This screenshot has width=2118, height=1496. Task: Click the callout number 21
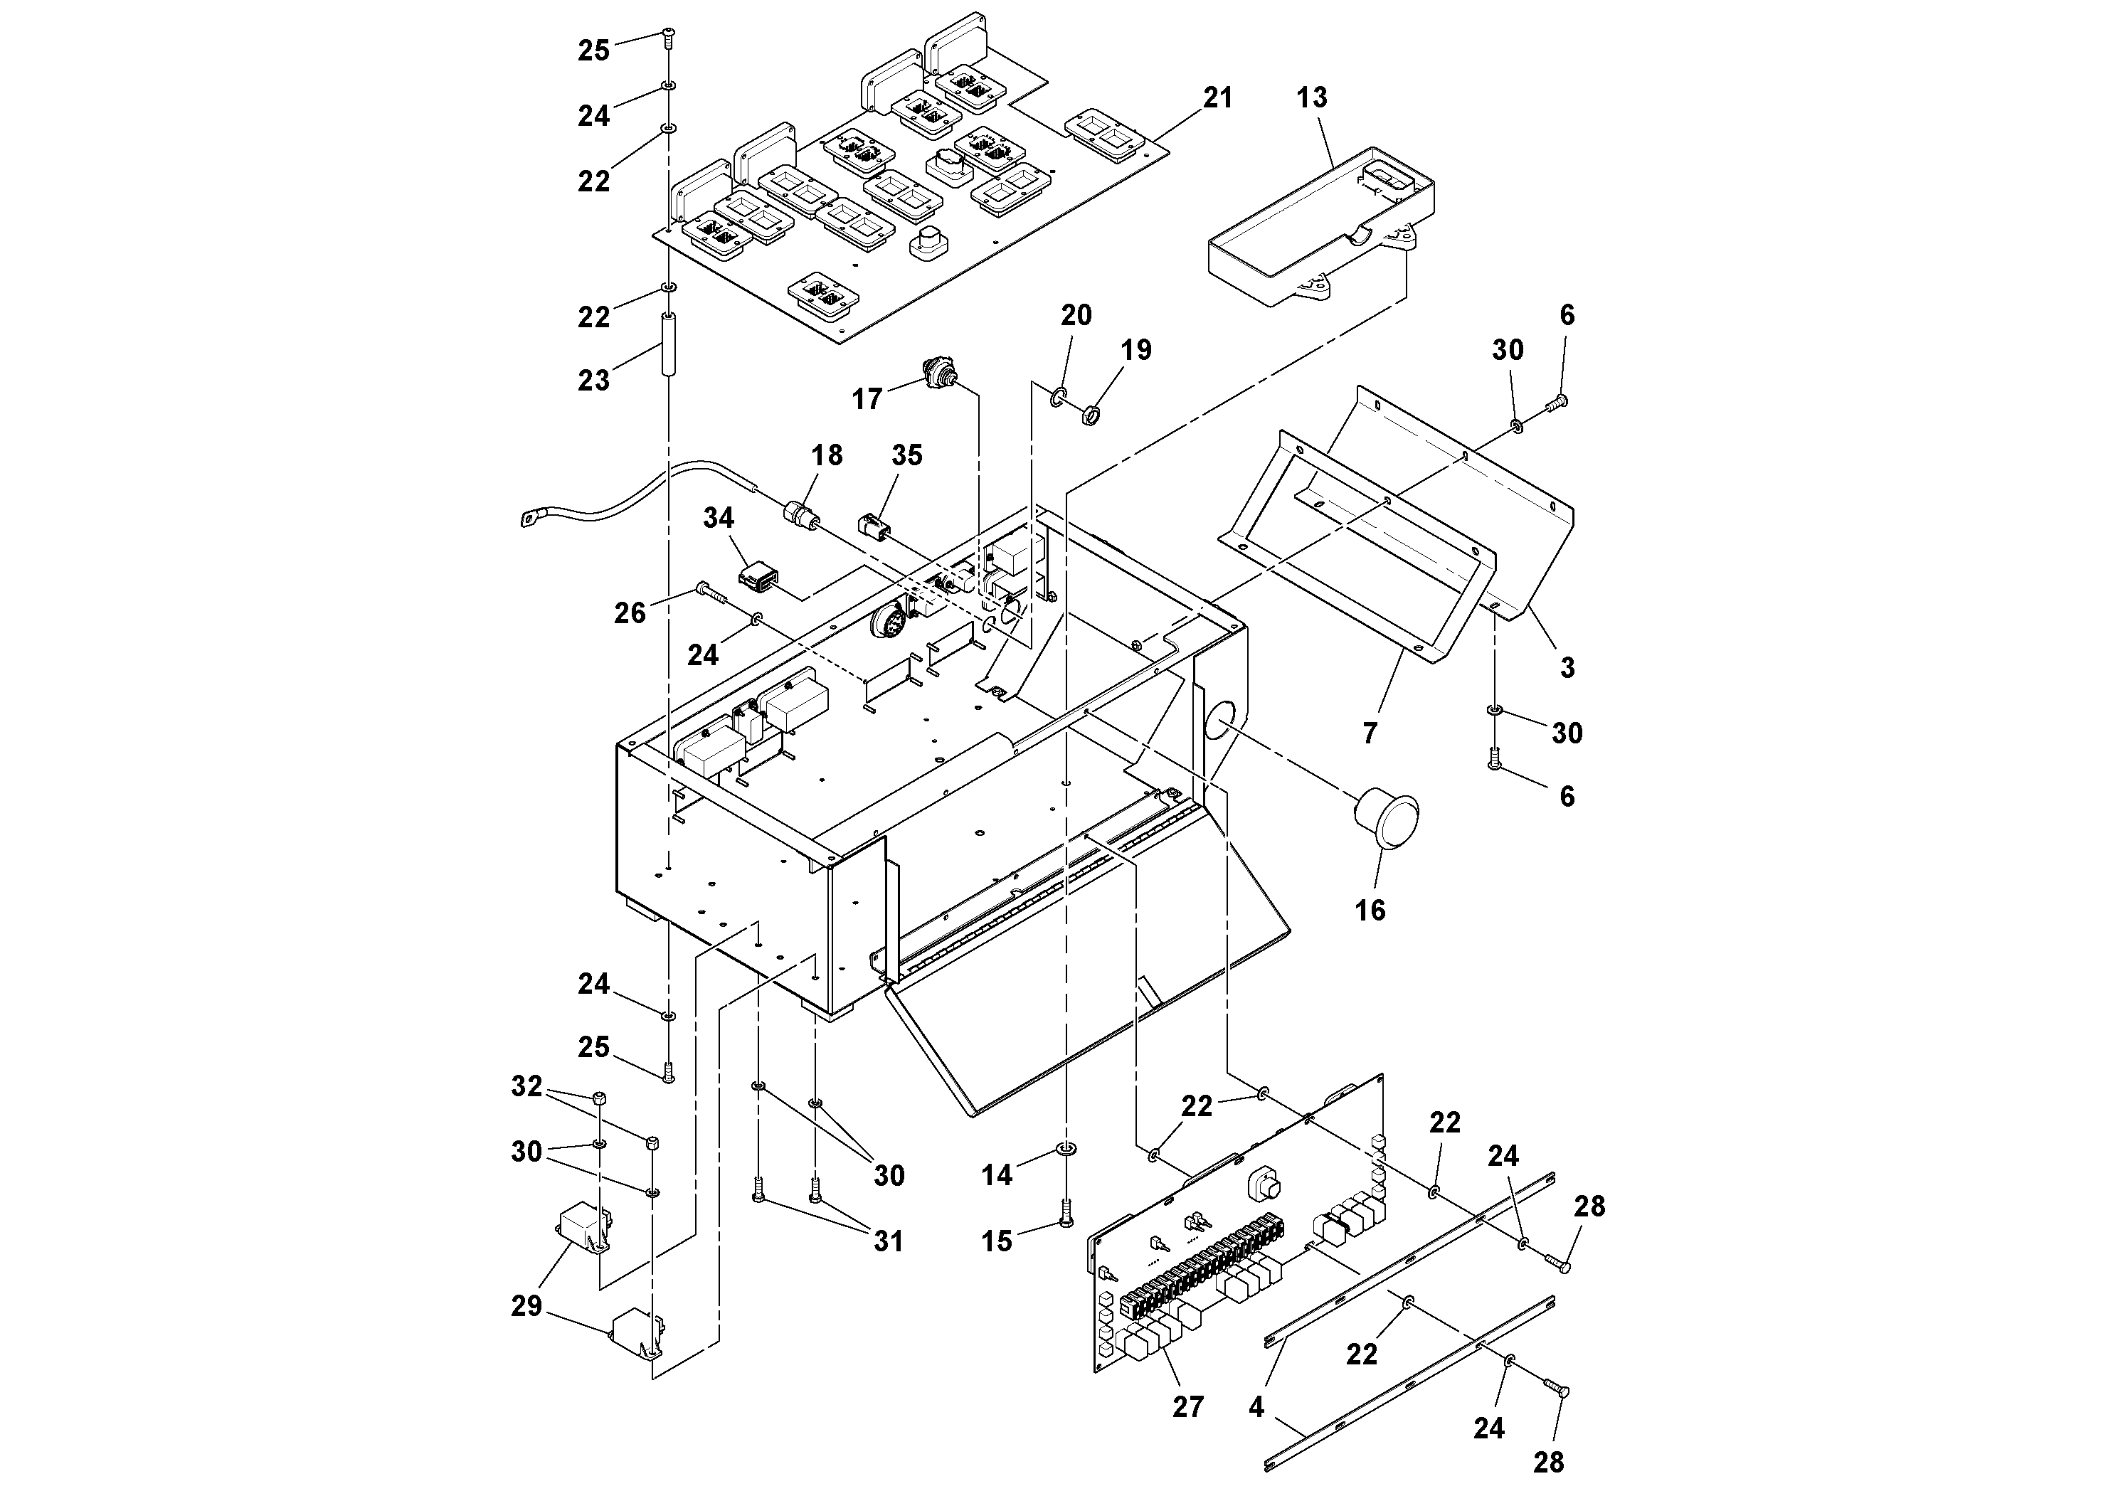pyautogui.click(x=1218, y=97)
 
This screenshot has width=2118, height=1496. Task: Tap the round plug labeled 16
pyautogui.click(x=1387, y=816)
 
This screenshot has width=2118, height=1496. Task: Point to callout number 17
pyautogui.click(x=867, y=398)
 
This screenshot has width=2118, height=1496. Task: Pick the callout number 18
pyautogui.click(x=827, y=455)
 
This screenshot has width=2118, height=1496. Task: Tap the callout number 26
pyautogui.click(x=630, y=612)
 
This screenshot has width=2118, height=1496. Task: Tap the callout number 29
pyautogui.click(x=526, y=1306)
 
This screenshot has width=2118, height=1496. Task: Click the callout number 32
pyautogui.click(x=526, y=1086)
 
